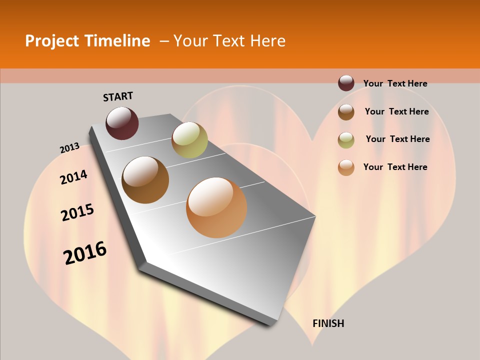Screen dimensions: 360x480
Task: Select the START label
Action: tap(118, 96)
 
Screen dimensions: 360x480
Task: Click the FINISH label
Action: tap(328, 323)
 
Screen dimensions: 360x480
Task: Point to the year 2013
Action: tap(69, 147)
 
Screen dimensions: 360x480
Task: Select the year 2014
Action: tap(73, 177)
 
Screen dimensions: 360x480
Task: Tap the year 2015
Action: tap(77, 212)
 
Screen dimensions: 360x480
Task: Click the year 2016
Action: tap(85, 252)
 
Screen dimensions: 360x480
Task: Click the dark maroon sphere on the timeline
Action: tap(122, 123)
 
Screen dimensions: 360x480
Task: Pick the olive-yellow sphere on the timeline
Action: tap(189, 139)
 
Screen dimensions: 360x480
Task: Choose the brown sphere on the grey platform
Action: tap(145, 180)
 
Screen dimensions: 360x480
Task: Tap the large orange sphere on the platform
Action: tap(216, 207)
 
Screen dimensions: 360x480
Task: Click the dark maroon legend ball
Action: tap(346, 83)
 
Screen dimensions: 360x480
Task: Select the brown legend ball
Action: tap(346, 112)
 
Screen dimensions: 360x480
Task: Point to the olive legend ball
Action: tap(346, 140)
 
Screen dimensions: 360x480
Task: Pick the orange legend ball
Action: tap(346, 167)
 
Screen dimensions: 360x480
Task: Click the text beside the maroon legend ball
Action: tap(395, 83)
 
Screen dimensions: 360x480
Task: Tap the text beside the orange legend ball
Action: tap(395, 167)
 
